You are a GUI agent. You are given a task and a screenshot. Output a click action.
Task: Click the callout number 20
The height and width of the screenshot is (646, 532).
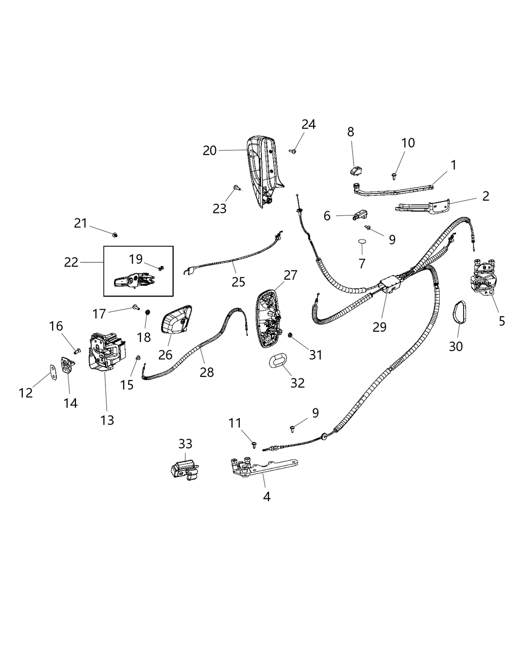click(x=210, y=150)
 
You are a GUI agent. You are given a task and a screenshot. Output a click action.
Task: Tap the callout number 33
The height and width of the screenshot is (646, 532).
click(x=185, y=444)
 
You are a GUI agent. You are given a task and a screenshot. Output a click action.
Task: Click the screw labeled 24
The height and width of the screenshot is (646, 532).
click(x=293, y=150)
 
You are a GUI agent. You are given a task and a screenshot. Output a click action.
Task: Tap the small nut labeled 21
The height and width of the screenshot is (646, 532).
click(x=115, y=234)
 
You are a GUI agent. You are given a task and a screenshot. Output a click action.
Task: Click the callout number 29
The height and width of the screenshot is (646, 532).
click(x=379, y=327)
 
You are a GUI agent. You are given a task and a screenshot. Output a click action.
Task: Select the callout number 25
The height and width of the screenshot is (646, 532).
click(x=238, y=282)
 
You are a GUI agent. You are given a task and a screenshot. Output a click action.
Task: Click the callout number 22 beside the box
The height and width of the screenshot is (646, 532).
click(x=71, y=262)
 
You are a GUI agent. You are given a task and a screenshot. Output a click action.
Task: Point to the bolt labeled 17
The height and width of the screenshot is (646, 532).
click(x=136, y=307)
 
